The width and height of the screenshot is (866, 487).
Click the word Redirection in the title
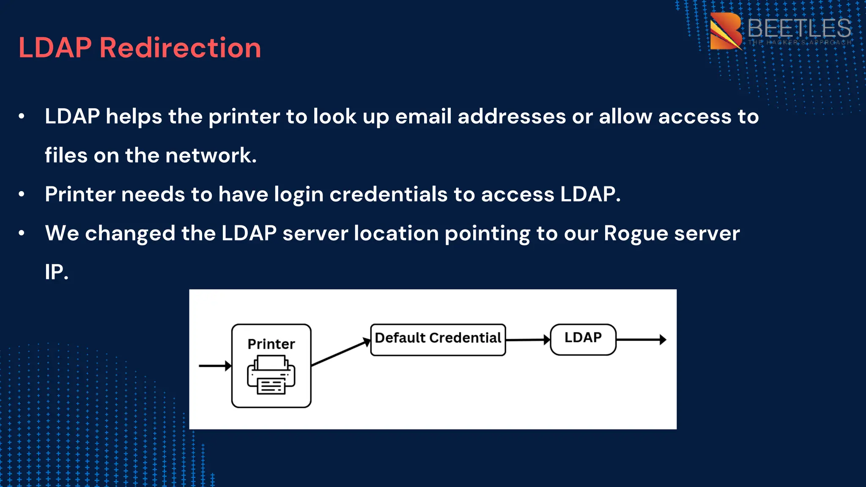point(180,47)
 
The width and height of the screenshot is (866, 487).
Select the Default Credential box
point(438,339)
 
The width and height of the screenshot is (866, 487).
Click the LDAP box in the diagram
point(583,339)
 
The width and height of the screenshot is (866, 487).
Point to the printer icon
point(271,375)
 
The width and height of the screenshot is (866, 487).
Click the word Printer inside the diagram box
point(271,344)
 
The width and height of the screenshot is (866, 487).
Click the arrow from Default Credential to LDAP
point(528,339)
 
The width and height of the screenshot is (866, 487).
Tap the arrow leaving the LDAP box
point(641,339)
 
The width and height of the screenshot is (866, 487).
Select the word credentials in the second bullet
point(388,194)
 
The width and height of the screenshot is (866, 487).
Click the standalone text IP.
point(56,272)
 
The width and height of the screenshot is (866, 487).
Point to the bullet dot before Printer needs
point(22,194)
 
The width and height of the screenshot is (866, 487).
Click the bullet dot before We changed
point(22,233)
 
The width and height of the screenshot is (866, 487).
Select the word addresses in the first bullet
point(512,117)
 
